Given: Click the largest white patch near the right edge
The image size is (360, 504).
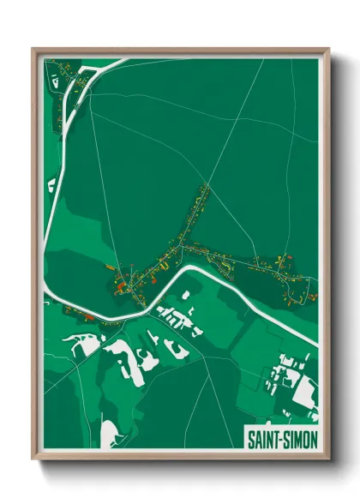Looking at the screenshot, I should point(301,387).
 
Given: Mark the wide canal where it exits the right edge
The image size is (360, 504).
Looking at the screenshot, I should point(315,343).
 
